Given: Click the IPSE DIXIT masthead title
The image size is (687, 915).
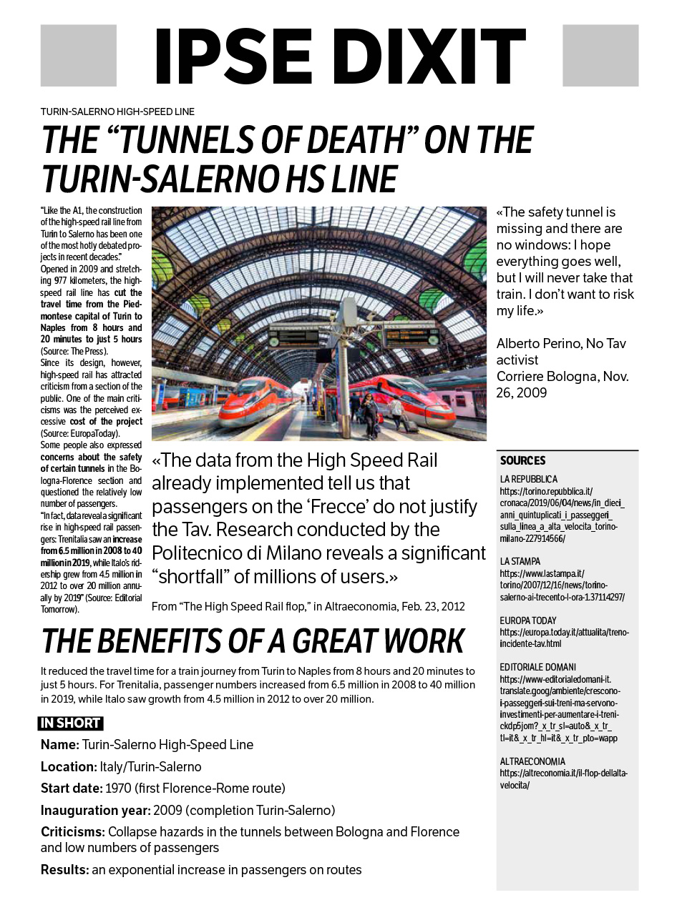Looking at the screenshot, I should pos(340,57).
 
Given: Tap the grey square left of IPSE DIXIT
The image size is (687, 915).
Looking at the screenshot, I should pos(79,56).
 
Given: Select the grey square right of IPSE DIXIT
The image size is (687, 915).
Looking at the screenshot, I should pos(600,56).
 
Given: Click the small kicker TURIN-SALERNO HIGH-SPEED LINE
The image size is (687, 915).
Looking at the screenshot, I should pos(117,112).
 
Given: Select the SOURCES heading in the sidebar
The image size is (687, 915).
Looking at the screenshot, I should pos(522,461).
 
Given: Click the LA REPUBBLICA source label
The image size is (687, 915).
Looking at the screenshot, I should pos(528,479).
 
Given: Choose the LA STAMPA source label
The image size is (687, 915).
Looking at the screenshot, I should pos(520,561).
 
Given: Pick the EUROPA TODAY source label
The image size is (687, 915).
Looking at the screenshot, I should pos(527,620).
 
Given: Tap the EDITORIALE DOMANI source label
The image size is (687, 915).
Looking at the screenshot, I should pos(537,667).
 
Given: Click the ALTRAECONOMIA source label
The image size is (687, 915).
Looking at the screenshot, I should pos(532,761).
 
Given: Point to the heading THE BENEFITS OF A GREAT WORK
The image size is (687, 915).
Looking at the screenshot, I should pos(253,641).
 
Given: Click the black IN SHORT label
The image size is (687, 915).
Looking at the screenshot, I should pos(70,723).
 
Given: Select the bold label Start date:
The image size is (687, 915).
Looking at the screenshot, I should pos(72,788).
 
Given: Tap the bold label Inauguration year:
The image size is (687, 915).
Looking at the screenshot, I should pos(94,811).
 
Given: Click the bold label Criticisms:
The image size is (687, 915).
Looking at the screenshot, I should pos(73,832).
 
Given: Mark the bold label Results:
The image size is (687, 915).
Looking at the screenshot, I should pos(64,870).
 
